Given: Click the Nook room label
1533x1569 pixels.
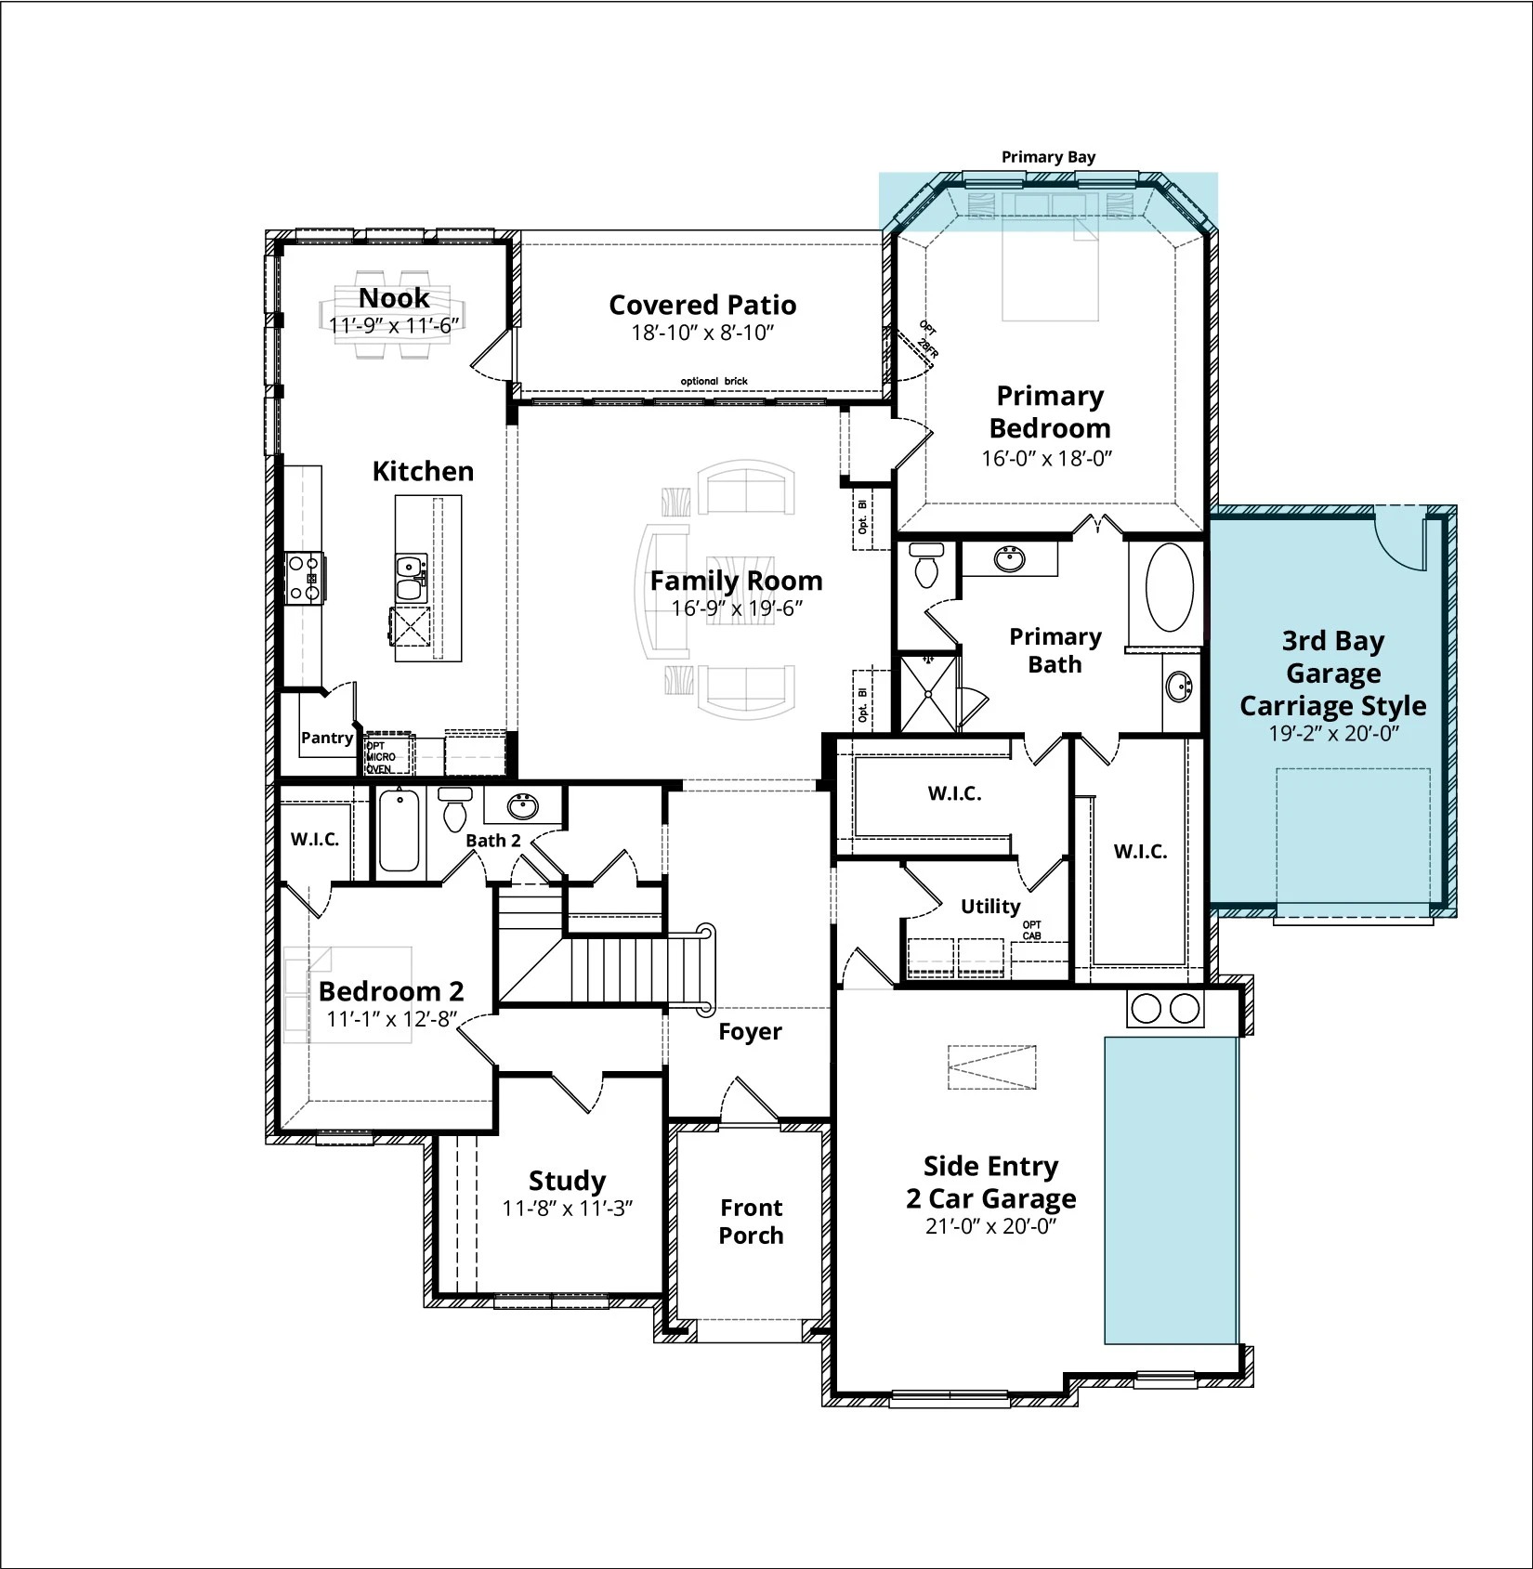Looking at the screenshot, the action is pyautogui.click(x=394, y=297).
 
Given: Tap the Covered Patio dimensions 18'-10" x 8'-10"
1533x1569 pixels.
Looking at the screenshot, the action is pyautogui.click(x=702, y=333).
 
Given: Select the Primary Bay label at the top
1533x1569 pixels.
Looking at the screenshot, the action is pyautogui.click(x=1048, y=157).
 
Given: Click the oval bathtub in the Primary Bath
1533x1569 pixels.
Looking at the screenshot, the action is pyautogui.click(x=1169, y=587).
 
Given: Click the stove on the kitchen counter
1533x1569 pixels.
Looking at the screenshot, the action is pyautogui.click(x=304, y=578).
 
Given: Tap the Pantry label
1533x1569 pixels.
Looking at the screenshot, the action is pyautogui.click(x=327, y=738).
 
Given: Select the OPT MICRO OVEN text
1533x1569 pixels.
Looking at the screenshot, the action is pyautogui.click(x=380, y=757).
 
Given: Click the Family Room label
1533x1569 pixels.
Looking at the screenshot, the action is pyautogui.click(x=736, y=581).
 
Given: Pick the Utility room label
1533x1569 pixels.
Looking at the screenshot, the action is pyautogui.click(x=990, y=906).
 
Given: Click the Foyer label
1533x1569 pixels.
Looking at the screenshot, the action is pyautogui.click(x=750, y=1031).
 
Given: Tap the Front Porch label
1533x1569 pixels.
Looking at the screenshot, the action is pyautogui.click(x=751, y=1222).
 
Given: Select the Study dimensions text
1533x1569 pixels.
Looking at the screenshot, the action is pyautogui.click(x=567, y=1209).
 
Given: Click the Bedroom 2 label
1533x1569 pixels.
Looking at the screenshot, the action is pyautogui.click(x=391, y=991).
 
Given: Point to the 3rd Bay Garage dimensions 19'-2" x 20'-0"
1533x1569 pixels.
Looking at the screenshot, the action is pyautogui.click(x=1333, y=733).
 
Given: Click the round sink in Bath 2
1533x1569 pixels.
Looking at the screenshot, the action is pyautogui.click(x=523, y=806).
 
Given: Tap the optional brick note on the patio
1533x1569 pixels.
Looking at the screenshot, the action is pyautogui.click(x=714, y=382).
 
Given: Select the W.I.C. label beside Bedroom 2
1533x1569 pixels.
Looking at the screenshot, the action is pyautogui.click(x=315, y=840).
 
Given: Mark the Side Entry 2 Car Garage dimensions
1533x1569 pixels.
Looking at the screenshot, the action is pyautogui.click(x=991, y=1226).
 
